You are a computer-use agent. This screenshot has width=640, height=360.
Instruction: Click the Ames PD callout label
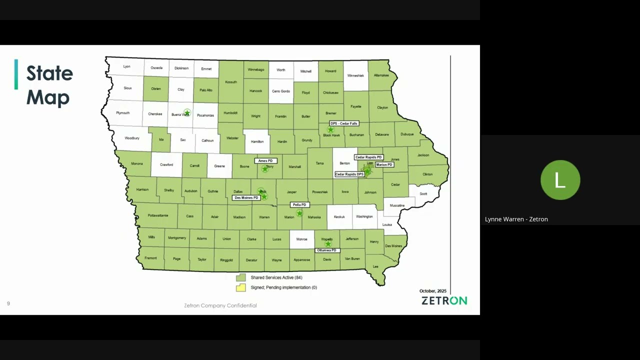coord(265,161)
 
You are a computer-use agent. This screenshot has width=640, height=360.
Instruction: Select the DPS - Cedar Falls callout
coord(344,123)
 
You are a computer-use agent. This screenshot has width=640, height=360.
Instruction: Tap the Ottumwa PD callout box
coord(327,250)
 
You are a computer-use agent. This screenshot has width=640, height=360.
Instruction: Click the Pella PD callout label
coord(300,205)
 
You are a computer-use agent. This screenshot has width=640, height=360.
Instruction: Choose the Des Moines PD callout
coord(246,198)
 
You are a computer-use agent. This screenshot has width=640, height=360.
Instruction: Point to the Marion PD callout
coord(384,164)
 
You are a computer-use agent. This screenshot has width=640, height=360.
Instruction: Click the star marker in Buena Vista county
coord(187,113)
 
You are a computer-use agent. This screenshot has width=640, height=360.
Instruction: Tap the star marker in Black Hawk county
coord(330,130)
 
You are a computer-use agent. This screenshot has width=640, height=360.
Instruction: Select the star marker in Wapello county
coord(328,244)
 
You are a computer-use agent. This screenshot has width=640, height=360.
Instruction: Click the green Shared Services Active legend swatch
coord(241,277)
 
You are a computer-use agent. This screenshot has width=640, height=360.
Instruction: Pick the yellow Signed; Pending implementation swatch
coord(241,287)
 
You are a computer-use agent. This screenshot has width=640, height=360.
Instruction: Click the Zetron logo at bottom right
coord(444,300)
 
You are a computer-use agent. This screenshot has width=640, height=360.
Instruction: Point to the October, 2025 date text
coord(432,291)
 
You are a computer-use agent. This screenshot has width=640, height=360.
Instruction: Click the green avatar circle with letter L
coord(560,180)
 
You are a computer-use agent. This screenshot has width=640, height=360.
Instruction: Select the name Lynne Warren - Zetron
coord(516,219)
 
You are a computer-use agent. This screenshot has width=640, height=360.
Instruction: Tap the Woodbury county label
coord(132,138)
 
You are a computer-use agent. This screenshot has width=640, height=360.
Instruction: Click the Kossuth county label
coord(231,82)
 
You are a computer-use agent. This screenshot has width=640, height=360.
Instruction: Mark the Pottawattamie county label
coord(158,215)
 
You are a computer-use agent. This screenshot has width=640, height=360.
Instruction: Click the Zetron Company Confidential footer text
coord(220,305)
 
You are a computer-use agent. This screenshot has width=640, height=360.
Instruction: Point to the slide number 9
coord(8,303)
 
